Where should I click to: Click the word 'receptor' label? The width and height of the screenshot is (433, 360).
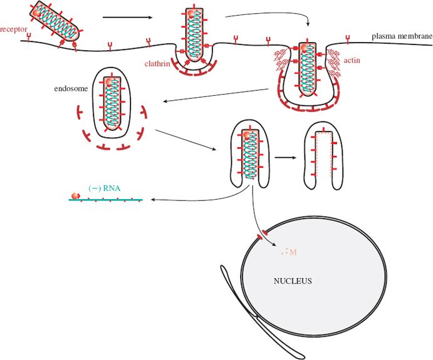point(13,29)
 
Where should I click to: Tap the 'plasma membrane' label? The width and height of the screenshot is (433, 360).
point(401,36)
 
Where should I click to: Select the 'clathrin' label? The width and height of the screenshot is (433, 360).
point(159,63)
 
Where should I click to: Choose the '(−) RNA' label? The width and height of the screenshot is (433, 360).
point(104,187)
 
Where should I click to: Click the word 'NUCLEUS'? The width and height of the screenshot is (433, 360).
point(293,281)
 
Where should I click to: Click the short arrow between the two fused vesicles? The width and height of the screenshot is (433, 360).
point(284,156)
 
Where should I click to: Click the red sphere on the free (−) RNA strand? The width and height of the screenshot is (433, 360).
point(76,196)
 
